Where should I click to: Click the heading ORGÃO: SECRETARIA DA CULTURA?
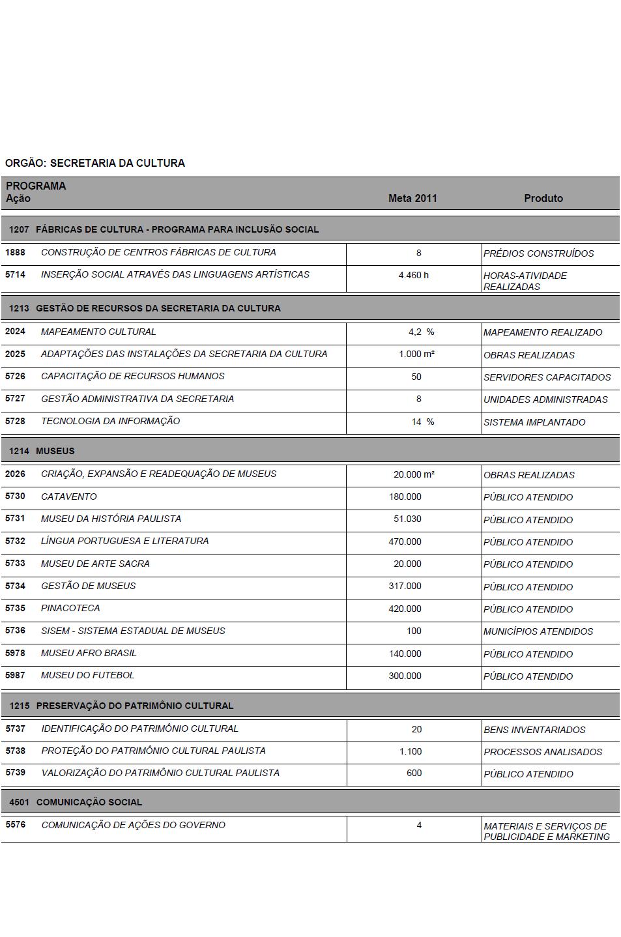(95, 163)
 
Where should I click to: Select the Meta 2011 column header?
(412, 198)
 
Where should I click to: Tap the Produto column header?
(543, 198)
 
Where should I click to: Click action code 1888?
(15, 252)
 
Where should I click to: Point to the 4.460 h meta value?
(414, 275)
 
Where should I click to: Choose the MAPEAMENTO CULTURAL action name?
(98, 332)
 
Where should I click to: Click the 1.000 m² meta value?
(416, 354)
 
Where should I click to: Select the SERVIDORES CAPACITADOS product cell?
(547, 377)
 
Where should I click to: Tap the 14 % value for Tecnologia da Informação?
(422, 422)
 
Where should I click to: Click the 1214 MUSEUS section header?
(42, 451)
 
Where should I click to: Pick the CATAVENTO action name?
(68, 497)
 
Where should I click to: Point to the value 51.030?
(407, 519)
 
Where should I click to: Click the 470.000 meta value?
(405, 541)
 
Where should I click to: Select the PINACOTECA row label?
(70, 608)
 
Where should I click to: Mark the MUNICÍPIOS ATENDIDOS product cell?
(538, 631)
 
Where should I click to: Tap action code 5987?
(15, 675)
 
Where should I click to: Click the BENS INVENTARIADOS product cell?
(534, 730)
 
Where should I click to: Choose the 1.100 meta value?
(411, 751)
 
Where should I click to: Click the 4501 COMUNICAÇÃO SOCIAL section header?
(76, 802)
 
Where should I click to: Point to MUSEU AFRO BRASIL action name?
(89, 653)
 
